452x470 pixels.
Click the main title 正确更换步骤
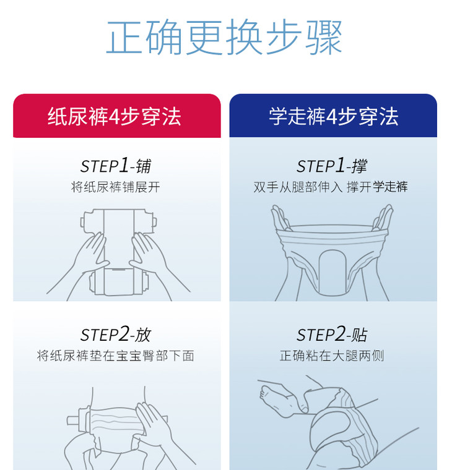pyautogui.click(x=224, y=37)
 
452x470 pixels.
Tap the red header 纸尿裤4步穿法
pyautogui.click(x=114, y=116)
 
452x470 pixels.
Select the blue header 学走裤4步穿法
pyautogui.click(x=333, y=116)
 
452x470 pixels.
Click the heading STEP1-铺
pyautogui.click(x=116, y=166)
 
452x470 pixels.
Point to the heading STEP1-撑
pyautogui.click(x=332, y=166)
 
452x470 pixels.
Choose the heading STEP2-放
pyautogui.click(x=116, y=334)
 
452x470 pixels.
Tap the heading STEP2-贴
pyautogui.click(x=332, y=334)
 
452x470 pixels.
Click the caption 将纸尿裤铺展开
pyautogui.click(x=116, y=187)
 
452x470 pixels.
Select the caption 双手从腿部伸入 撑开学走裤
pyautogui.click(x=331, y=187)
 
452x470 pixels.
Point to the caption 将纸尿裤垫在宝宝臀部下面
pyautogui.click(x=116, y=356)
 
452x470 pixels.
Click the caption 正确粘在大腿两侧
pyautogui.click(x=332, y=356)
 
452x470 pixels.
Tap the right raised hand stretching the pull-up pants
pyautogui.click(x=383, y=218)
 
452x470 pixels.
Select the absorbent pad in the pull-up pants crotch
pyautogui.click(x=331, y=272)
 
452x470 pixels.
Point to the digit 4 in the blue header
pyautogui.click(x=331, y=117)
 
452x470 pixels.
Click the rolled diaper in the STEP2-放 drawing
pyautogui.click(x=116, y=421)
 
